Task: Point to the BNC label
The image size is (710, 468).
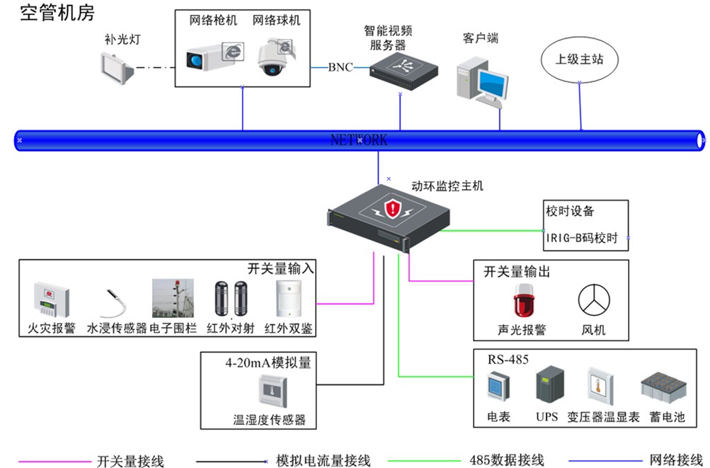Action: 340,67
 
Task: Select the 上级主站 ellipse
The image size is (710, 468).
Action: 579,59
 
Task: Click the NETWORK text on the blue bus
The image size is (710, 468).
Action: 359,140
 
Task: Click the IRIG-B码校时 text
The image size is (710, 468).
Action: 581,239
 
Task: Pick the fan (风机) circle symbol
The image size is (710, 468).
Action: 593,300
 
